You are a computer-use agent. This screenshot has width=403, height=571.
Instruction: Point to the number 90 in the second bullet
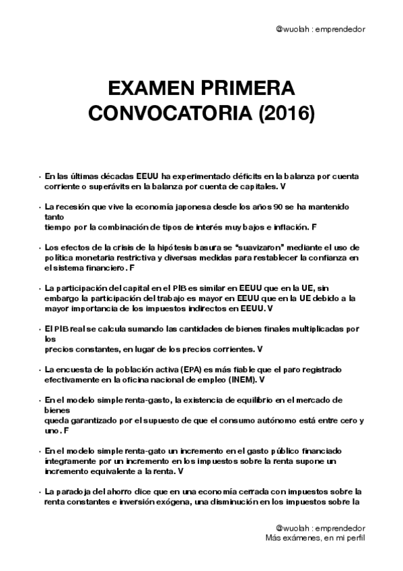click(268, 205)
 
